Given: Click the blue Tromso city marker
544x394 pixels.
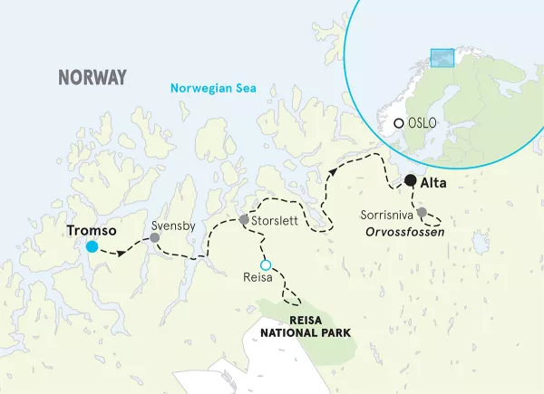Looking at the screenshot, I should (92, 246).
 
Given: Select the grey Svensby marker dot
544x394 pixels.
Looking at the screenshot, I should (155, 237).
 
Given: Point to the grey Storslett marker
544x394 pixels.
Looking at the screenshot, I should (243, 220).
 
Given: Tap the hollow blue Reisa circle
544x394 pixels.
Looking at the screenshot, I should (266, 264).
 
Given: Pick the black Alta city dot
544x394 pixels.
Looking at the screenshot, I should (411, 180).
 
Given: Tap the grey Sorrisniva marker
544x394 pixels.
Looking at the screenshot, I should (422, 213).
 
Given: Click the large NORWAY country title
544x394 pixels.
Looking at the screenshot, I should (92, 77).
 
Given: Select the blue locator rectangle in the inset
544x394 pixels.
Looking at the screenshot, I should (442, 57).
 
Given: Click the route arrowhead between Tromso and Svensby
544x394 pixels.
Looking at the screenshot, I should (120, 252).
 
